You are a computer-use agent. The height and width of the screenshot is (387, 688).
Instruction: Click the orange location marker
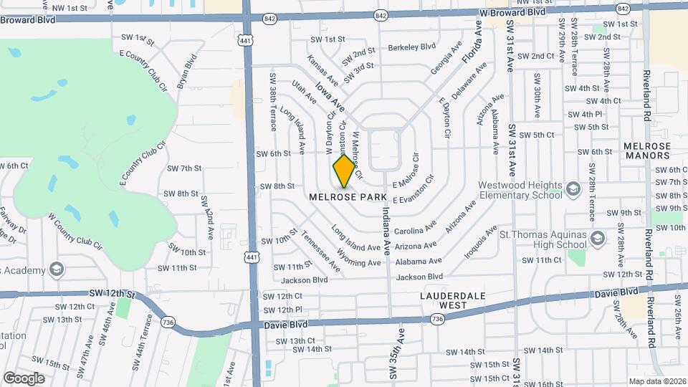[344, 171]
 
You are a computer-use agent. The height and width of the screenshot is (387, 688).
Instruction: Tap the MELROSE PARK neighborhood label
[348, 196]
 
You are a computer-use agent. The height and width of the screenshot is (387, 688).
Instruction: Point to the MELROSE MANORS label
[646, 150]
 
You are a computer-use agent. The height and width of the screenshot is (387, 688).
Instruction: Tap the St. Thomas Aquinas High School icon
[599, 236]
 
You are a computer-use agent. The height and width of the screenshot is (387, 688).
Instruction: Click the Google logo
[24, 378]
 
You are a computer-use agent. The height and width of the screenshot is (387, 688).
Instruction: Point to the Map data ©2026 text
[657, 381]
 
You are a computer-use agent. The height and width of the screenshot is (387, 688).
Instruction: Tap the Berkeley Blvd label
[411, 47]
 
